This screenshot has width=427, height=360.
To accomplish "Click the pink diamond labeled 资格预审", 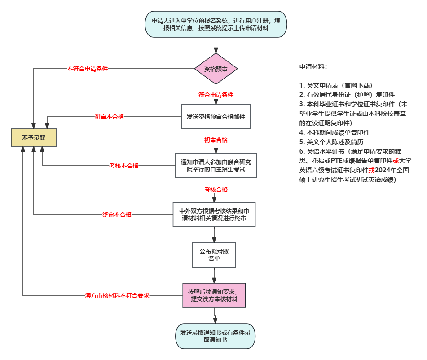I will click(x=216, y=69).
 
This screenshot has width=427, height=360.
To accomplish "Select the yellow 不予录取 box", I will click(x=34, y=138).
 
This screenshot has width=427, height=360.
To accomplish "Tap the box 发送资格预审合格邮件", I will click(x=216, y=116).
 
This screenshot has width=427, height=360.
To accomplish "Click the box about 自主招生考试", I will click(x=216, y=166).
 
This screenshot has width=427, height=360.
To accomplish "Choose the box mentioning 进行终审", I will click(x=214, y=215).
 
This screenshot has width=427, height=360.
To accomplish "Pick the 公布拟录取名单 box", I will click(x=214, y=255).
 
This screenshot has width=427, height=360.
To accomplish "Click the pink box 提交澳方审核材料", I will click(x=214, y=295).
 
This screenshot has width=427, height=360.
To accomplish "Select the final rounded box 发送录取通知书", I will click(x=215, y=336).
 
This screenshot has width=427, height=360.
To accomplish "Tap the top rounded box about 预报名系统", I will click(x=216, y=24).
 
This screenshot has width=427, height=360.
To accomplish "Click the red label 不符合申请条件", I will click(x=88, y=69).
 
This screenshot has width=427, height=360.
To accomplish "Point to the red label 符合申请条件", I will click(x=216, y=95).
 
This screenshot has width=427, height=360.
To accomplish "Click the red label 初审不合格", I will click(x=109, y=117).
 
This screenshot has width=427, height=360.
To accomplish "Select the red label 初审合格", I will click(x=216, y=140).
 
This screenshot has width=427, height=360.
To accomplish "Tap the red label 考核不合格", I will click(x=124, y=166).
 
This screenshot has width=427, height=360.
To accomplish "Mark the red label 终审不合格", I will click(x=117, y=215).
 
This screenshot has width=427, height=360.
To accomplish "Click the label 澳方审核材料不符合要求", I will click(x=117, y=295).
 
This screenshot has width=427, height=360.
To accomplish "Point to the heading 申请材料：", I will click(x=313, y=66).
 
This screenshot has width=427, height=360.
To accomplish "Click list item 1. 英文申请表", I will click(x=336, y=85).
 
